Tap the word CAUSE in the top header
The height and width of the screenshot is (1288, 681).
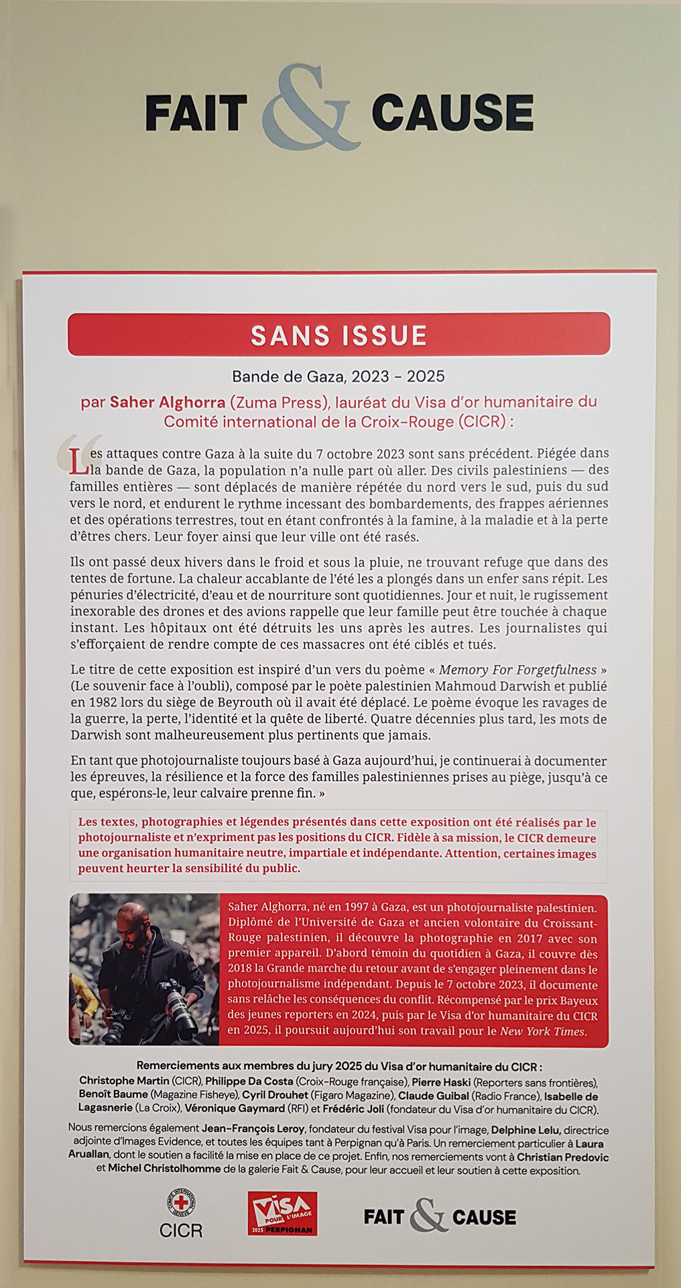tap(452, 112)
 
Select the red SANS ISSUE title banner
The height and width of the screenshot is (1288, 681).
tap(338, 334)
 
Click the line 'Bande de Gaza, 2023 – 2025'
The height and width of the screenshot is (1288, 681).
tap(338, 376)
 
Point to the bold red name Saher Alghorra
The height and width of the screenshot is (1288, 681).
tap(168, 402)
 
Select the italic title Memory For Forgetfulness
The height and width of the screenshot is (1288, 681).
tap(517, 669)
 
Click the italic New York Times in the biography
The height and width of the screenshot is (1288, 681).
tap(543, 1031)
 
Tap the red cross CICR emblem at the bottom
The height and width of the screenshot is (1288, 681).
tap(181, 1203)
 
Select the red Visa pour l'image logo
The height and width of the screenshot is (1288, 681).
tap(282, 1213)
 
